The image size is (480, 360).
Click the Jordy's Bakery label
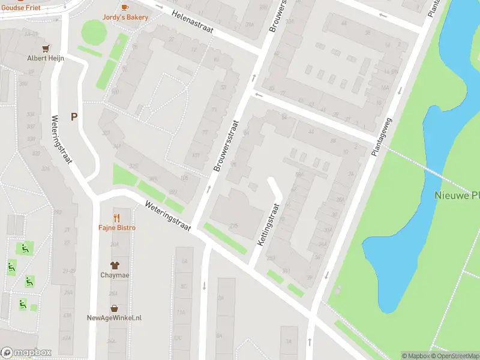click(125, 17)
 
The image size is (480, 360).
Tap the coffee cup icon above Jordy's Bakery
click(125, 7)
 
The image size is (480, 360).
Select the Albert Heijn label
click(45, 58)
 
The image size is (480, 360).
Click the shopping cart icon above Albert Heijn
click(45, 48)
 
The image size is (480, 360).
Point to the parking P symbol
click(74, 117)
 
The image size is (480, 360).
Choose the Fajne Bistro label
click(117, 228)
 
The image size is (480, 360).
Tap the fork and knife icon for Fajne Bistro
click(117, 218)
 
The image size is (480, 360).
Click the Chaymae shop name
click(114, 275)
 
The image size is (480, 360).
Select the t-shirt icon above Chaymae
click(114, 265)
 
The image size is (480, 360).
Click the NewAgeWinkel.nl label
click(114, 318)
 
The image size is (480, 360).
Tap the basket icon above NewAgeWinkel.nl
click(114, 308)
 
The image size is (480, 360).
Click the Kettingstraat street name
click(269, 224)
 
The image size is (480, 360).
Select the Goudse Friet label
click(20, 7)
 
